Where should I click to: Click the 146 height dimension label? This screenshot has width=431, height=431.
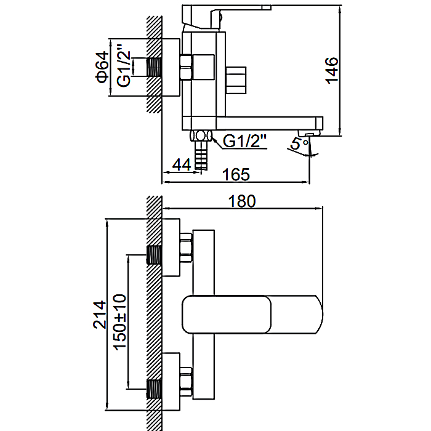[x=332, y=70]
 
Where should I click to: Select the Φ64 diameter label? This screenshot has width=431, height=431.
[x=102, y=66]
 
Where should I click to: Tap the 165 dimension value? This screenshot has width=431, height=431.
[x=236, y=174]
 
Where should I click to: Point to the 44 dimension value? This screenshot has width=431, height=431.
[x=182, y=164]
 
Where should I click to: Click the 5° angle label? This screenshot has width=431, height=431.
[x=300, y=143]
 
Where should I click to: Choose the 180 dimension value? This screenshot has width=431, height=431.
[x=242, y=201]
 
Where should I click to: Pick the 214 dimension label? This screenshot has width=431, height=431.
[x=99, y=315]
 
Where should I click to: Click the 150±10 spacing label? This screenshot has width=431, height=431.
[x=120, y=322]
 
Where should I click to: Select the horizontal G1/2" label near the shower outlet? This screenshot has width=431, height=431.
[x=244, y=141]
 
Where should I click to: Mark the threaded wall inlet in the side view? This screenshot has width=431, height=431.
[x=154, y=67]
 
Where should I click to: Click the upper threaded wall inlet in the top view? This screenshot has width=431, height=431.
[x=154, y=254]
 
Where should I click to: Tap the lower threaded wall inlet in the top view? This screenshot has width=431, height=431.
[x=154, y=389]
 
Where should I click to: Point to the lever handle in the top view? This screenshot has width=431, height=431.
[x=252, y=315]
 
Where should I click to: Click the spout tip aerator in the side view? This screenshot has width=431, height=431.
[x=310, y=134]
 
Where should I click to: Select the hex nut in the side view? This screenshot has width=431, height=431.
[x=186, y=67]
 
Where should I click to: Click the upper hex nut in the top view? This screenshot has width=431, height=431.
[x=186, y=248]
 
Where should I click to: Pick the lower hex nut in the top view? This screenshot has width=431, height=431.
[x=186, y=382]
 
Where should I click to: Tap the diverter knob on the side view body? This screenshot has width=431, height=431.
[x=236, y=80]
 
